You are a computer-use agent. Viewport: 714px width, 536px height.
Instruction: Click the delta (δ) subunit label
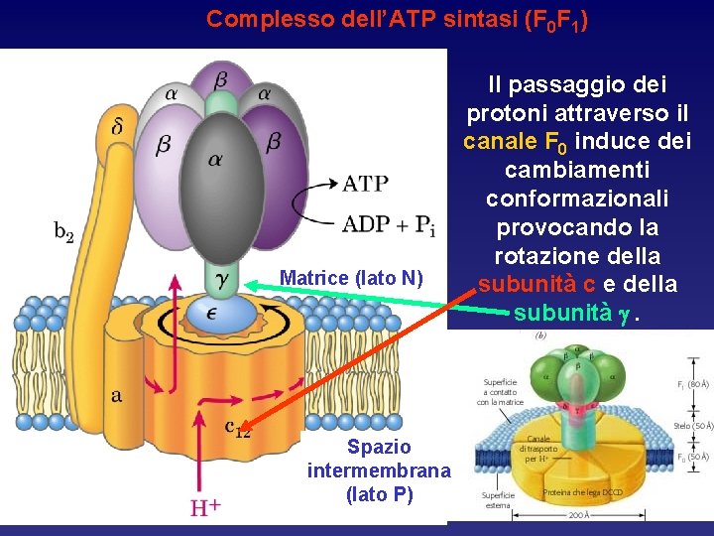click(119, 127)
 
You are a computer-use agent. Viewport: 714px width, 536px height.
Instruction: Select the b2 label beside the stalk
click(62, 232)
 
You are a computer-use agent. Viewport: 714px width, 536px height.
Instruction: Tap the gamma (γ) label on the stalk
click(222, 280)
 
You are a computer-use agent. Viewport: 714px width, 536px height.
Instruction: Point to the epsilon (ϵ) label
click(212, 311)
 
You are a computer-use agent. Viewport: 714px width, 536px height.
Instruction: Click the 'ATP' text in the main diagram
click(365, 184)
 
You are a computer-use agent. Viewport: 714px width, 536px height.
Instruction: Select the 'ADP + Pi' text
click(388, 224)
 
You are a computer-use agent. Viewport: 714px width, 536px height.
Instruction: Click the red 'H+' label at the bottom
click(204, 508)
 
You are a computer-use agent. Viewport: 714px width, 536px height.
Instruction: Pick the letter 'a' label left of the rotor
click(117, 395)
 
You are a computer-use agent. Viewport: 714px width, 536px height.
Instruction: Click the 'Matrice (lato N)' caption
click(351, 279)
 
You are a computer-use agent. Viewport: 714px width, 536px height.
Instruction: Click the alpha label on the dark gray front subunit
click(214, 158)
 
